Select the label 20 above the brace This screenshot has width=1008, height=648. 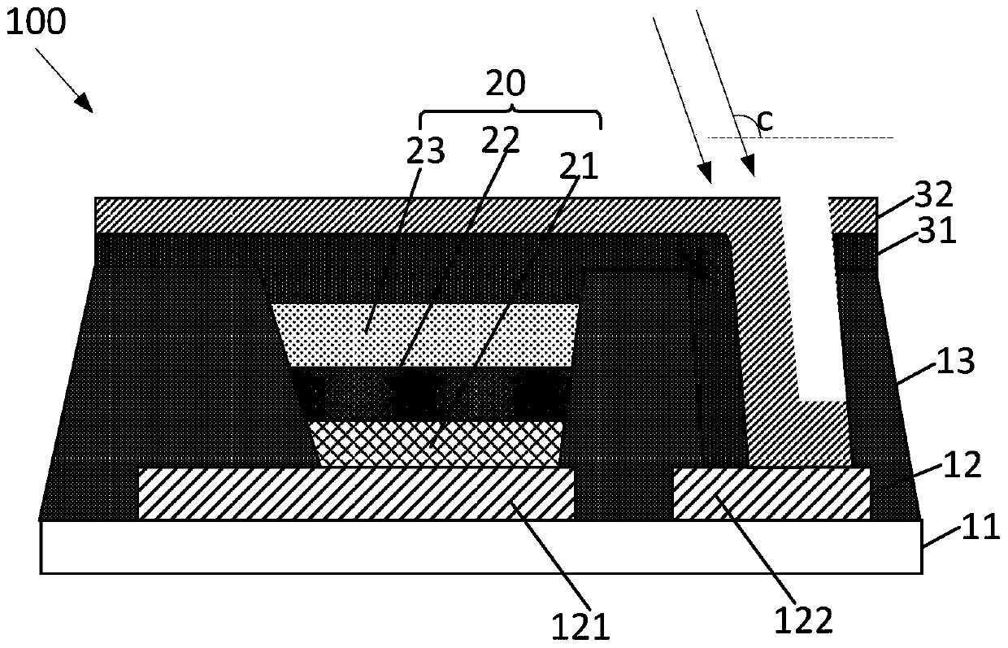point(506,83)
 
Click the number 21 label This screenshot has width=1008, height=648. point(579,167)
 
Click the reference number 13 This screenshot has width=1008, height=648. point(956,361)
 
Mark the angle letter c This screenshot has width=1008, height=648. point(764,121)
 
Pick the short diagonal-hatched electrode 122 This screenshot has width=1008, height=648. point(771,493)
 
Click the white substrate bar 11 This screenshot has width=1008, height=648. point(480,546)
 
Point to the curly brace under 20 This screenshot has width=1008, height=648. point(510,115)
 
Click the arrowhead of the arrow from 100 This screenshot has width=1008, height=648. point(85,103)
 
